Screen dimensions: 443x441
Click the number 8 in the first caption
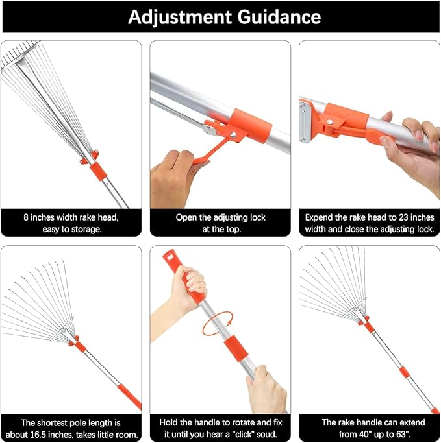click(25, 217)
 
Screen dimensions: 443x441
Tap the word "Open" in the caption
click(186, 217)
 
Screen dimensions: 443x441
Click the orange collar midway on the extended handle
click(405, 372)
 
